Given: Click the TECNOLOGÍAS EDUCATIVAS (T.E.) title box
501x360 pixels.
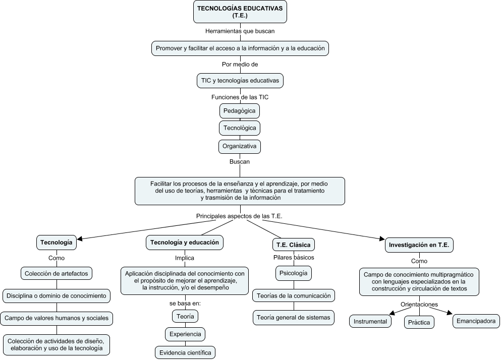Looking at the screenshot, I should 240,12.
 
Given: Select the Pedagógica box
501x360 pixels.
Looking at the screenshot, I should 240,110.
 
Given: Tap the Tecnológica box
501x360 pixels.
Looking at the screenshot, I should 240,128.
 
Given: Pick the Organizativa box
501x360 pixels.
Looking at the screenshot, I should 240,147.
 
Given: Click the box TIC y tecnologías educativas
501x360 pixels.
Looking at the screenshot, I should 240,80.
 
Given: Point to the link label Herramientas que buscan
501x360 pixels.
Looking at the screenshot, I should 240,31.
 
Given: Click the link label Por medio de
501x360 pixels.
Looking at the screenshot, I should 240,65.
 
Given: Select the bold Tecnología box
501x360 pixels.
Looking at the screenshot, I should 57,243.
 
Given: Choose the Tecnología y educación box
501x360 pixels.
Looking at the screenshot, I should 184,243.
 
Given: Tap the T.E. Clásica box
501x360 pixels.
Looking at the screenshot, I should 293,245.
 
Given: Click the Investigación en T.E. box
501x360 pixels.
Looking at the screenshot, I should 419,245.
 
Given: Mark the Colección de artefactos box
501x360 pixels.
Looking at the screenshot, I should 57,273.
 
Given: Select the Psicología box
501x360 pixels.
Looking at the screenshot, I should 293,273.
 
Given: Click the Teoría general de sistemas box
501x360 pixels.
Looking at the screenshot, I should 293,317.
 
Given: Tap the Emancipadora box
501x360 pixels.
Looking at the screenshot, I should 476,321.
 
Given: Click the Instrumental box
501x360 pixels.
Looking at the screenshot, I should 370,322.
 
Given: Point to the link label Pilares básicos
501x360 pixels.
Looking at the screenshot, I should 293,258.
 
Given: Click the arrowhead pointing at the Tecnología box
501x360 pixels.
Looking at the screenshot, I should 80,238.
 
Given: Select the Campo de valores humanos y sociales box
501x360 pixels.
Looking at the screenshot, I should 57,318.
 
